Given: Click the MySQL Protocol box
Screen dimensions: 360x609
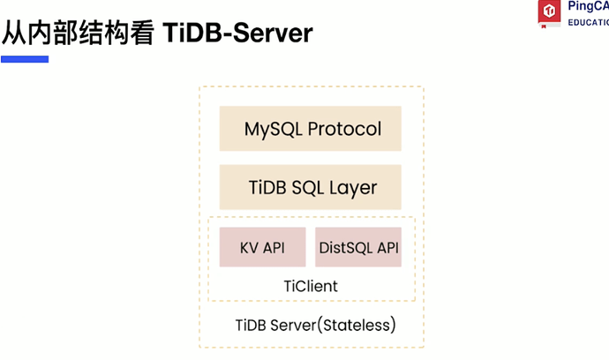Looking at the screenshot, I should point(311,129).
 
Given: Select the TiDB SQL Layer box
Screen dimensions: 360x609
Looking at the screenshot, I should point(311,187).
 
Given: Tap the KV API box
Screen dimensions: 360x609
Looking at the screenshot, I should point(262,247).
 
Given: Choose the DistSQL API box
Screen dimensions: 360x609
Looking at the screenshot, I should point(358,247).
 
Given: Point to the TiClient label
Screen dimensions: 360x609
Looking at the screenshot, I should point(310,287).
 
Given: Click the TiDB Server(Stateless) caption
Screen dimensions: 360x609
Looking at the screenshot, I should point(315,325).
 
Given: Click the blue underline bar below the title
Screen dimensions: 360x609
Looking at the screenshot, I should point(25,59).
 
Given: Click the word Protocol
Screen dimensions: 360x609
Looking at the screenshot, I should point(345,129).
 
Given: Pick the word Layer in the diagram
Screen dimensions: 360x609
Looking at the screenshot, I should point(354,188).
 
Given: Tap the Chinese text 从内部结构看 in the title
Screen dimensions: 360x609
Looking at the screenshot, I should point(79,33).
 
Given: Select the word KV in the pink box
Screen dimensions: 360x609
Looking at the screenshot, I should point(250,247).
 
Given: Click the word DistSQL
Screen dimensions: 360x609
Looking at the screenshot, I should point(346,247).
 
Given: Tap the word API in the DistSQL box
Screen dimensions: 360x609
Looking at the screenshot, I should point(388,247).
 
